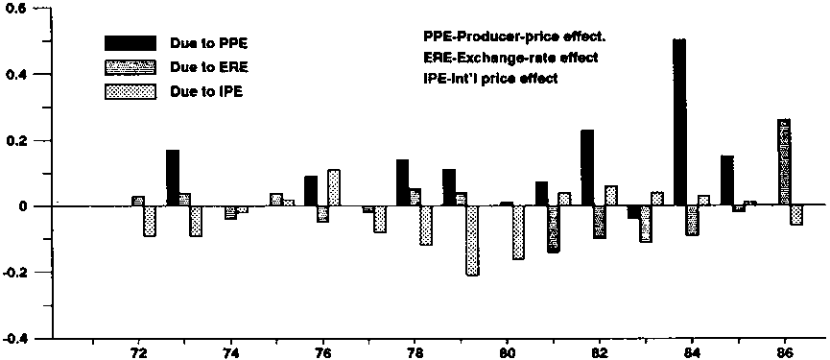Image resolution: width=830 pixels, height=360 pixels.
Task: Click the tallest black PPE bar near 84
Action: (x=679, y=122)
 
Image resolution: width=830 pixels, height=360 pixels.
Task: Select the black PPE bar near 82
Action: (x=587, y=167)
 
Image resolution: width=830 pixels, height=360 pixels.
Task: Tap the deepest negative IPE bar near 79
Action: (x=473, y=240)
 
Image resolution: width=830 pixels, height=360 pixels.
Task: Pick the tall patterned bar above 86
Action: (x=784, y=162)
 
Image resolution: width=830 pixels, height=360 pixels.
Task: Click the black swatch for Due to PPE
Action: (x=130, y=43)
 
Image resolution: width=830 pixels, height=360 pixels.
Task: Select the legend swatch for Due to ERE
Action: (x=130, y=67)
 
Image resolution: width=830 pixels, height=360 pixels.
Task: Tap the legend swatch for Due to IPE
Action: (x=130, y=91)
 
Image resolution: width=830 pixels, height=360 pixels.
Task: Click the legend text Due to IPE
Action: (x=206, y=91)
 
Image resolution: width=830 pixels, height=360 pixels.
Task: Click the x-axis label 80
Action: (x=507, y=352)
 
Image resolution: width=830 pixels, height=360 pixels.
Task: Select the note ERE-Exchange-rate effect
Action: (x=510, y=58)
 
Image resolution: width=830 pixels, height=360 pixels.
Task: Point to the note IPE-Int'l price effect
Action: (x=490, y=79)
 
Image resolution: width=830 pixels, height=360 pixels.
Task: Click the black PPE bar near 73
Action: (x=173, y=178)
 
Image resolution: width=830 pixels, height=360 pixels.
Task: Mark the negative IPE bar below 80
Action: (x=518, y=232)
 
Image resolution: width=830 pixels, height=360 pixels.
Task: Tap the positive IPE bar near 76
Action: (x=334, y=187)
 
